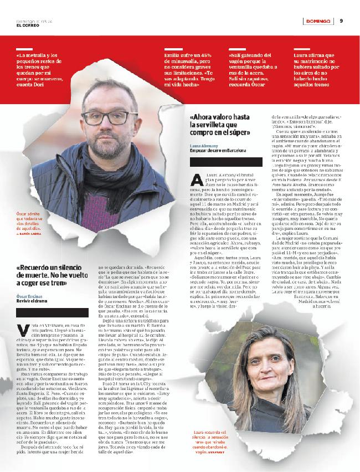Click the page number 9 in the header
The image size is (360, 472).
tap(342, 21)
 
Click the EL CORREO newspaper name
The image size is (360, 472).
tap(27, 25)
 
